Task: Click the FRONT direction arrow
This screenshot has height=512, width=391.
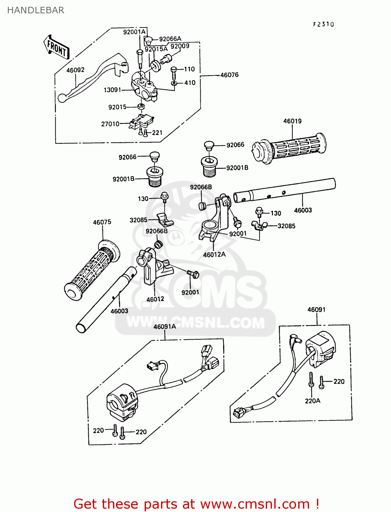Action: click(57, 47)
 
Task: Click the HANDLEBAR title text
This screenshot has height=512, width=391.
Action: click(35, 10)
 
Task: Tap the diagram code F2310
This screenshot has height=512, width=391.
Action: click(323, 24)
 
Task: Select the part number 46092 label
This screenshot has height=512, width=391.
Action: click(75, 70)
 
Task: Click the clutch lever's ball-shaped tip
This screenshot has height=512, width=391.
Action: click(62, 98)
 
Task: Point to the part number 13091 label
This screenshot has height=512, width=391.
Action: click(112, 90)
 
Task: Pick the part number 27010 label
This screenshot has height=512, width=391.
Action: click(110, 124)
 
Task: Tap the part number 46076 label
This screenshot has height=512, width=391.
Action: click(229, 75)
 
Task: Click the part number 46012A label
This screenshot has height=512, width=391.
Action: click(214, 254)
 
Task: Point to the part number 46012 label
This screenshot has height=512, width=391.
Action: click(155, 299)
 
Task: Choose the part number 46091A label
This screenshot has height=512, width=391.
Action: click(164, 327)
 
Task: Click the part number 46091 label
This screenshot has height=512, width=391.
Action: click(316, 310)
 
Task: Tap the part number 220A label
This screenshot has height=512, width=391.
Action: click(313, 401)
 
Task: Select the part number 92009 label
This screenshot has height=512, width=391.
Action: click(180, 46)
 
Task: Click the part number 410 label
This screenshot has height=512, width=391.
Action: click(190, 83)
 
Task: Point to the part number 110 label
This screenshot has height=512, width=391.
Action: click(189, 69)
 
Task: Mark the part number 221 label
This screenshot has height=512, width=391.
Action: click(157, 132)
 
